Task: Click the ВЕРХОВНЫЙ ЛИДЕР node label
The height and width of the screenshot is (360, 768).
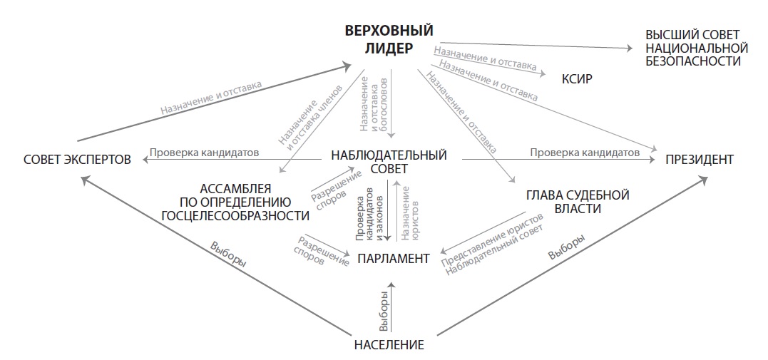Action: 389,40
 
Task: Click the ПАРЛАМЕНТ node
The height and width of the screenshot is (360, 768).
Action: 394,259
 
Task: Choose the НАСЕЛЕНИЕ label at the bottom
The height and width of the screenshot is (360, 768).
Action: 389,345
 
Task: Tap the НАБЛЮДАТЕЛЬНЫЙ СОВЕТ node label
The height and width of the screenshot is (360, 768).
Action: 389,162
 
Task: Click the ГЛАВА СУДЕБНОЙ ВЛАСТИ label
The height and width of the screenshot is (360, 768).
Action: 578,202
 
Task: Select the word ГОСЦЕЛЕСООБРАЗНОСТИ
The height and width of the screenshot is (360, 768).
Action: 235,215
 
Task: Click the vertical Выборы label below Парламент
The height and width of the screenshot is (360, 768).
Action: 384,312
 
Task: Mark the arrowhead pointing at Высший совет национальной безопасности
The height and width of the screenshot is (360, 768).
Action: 628,48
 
